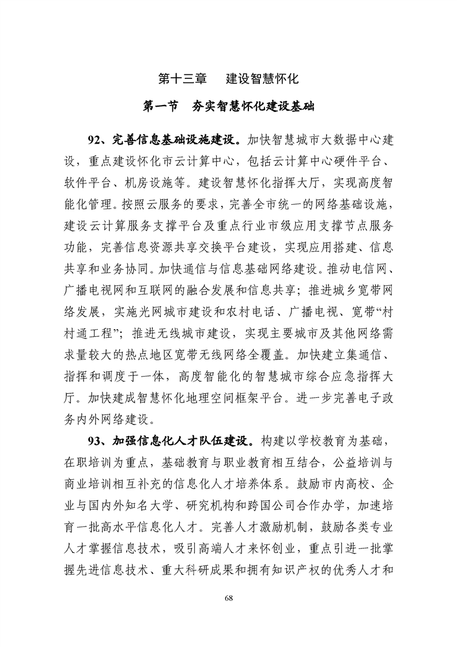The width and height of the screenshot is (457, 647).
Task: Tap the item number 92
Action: (95, 140)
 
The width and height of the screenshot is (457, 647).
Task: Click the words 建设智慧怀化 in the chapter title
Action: (262, 78)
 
